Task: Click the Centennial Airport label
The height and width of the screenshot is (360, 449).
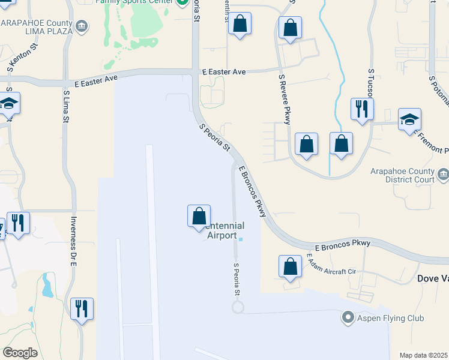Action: pos(223,231)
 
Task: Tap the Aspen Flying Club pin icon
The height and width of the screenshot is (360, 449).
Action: pos(348,317)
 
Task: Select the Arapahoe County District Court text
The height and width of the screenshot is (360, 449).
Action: pos(411,175)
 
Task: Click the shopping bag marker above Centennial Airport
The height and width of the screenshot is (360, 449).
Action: pos(199,216)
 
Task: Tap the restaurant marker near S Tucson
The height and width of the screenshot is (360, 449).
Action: pos(362,109)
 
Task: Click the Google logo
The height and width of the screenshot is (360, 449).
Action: pos(20,353)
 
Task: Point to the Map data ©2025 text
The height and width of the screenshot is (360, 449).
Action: pos(423,355)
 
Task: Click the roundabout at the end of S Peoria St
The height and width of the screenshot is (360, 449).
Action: pos(238,307)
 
